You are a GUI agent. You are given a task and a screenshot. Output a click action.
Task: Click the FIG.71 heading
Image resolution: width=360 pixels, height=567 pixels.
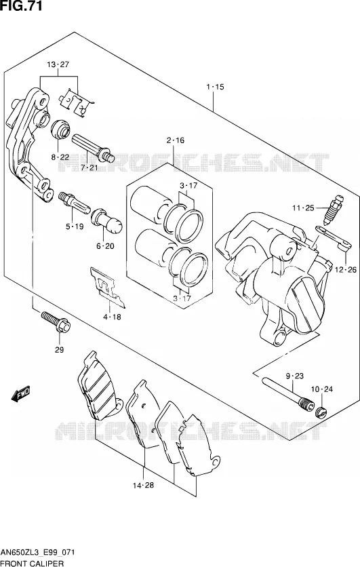pyautogui.click(x=21, y=6)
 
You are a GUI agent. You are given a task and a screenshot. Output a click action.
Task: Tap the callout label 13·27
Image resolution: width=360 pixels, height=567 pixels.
pyautogui.click(x=58, y=64)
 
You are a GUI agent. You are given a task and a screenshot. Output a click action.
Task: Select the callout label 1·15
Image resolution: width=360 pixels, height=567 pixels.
pyautogui.click(x=216, y=87)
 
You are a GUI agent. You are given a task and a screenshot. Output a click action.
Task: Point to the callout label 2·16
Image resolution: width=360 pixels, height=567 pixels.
pyautogui.click(x=176, y=140)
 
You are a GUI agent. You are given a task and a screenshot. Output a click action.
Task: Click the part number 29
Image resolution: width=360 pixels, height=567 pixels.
pyautogui.click(x=59, y=350)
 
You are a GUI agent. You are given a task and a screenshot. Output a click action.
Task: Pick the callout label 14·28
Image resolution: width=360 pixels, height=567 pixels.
pyautogui.click(x=143, y=486)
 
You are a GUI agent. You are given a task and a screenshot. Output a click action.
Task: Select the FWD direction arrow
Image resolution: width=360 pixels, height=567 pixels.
pyautogui.click(x=21, y=394)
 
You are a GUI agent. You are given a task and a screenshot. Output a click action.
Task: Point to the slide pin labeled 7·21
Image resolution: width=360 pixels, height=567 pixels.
pyautogui.click(x=94, y=149)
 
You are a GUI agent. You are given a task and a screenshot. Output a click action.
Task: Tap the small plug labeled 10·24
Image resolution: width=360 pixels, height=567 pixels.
pyautogui.click(x=321, y=412)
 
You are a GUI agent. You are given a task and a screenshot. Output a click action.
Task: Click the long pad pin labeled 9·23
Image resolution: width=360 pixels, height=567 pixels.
pyautogui.click(x=287, y=395)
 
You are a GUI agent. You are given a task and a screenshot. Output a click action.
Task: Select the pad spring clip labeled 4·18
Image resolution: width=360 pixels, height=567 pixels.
pyautogui.click(x=108, y=288)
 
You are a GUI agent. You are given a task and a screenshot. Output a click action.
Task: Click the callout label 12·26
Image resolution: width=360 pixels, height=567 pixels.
pyautogui.click(x=346, y=269)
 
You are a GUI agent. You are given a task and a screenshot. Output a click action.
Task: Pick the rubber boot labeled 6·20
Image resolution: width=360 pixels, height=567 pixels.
pyautogui.click(x=107, y=220)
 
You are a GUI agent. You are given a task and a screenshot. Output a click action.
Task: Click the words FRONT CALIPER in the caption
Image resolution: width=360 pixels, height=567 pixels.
pyautogui.click(x=32, y=563)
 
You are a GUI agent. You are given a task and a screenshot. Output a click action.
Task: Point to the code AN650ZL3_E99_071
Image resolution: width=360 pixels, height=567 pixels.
pyautogui.click(x=37, y=553)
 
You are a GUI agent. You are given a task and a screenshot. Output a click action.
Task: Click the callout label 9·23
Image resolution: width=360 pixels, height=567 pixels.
pyautogui.click(x=295, y=376)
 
